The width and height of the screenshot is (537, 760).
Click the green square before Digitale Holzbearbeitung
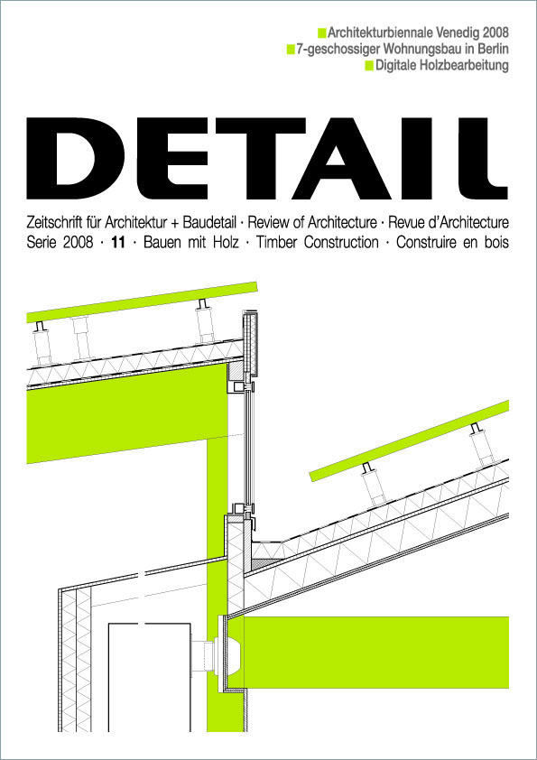[x=368, y=67]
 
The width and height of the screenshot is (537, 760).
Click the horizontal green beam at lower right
[x=379, y=642]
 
